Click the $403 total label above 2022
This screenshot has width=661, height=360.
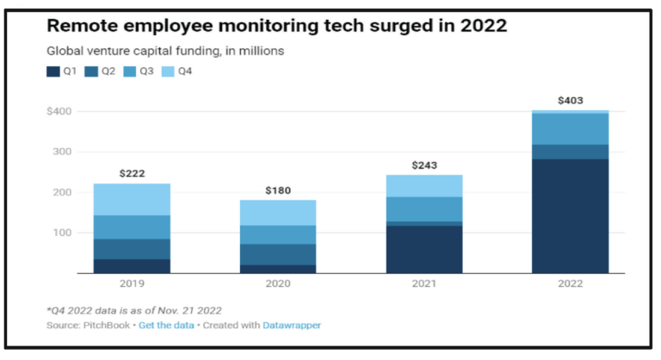(570, 101)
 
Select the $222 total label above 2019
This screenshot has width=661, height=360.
(132, 173)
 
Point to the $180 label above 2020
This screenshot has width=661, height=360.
(278, 189)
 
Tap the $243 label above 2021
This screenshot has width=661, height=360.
(423, 164)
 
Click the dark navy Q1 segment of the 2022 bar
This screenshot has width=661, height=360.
(570, 215)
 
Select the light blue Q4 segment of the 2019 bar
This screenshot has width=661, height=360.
(132, 199)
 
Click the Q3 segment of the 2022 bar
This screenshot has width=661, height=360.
(570, 129)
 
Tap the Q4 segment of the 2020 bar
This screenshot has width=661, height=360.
(278, 213)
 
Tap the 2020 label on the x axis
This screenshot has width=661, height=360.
(278, 284)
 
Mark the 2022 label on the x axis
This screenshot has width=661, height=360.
(570, 284)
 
